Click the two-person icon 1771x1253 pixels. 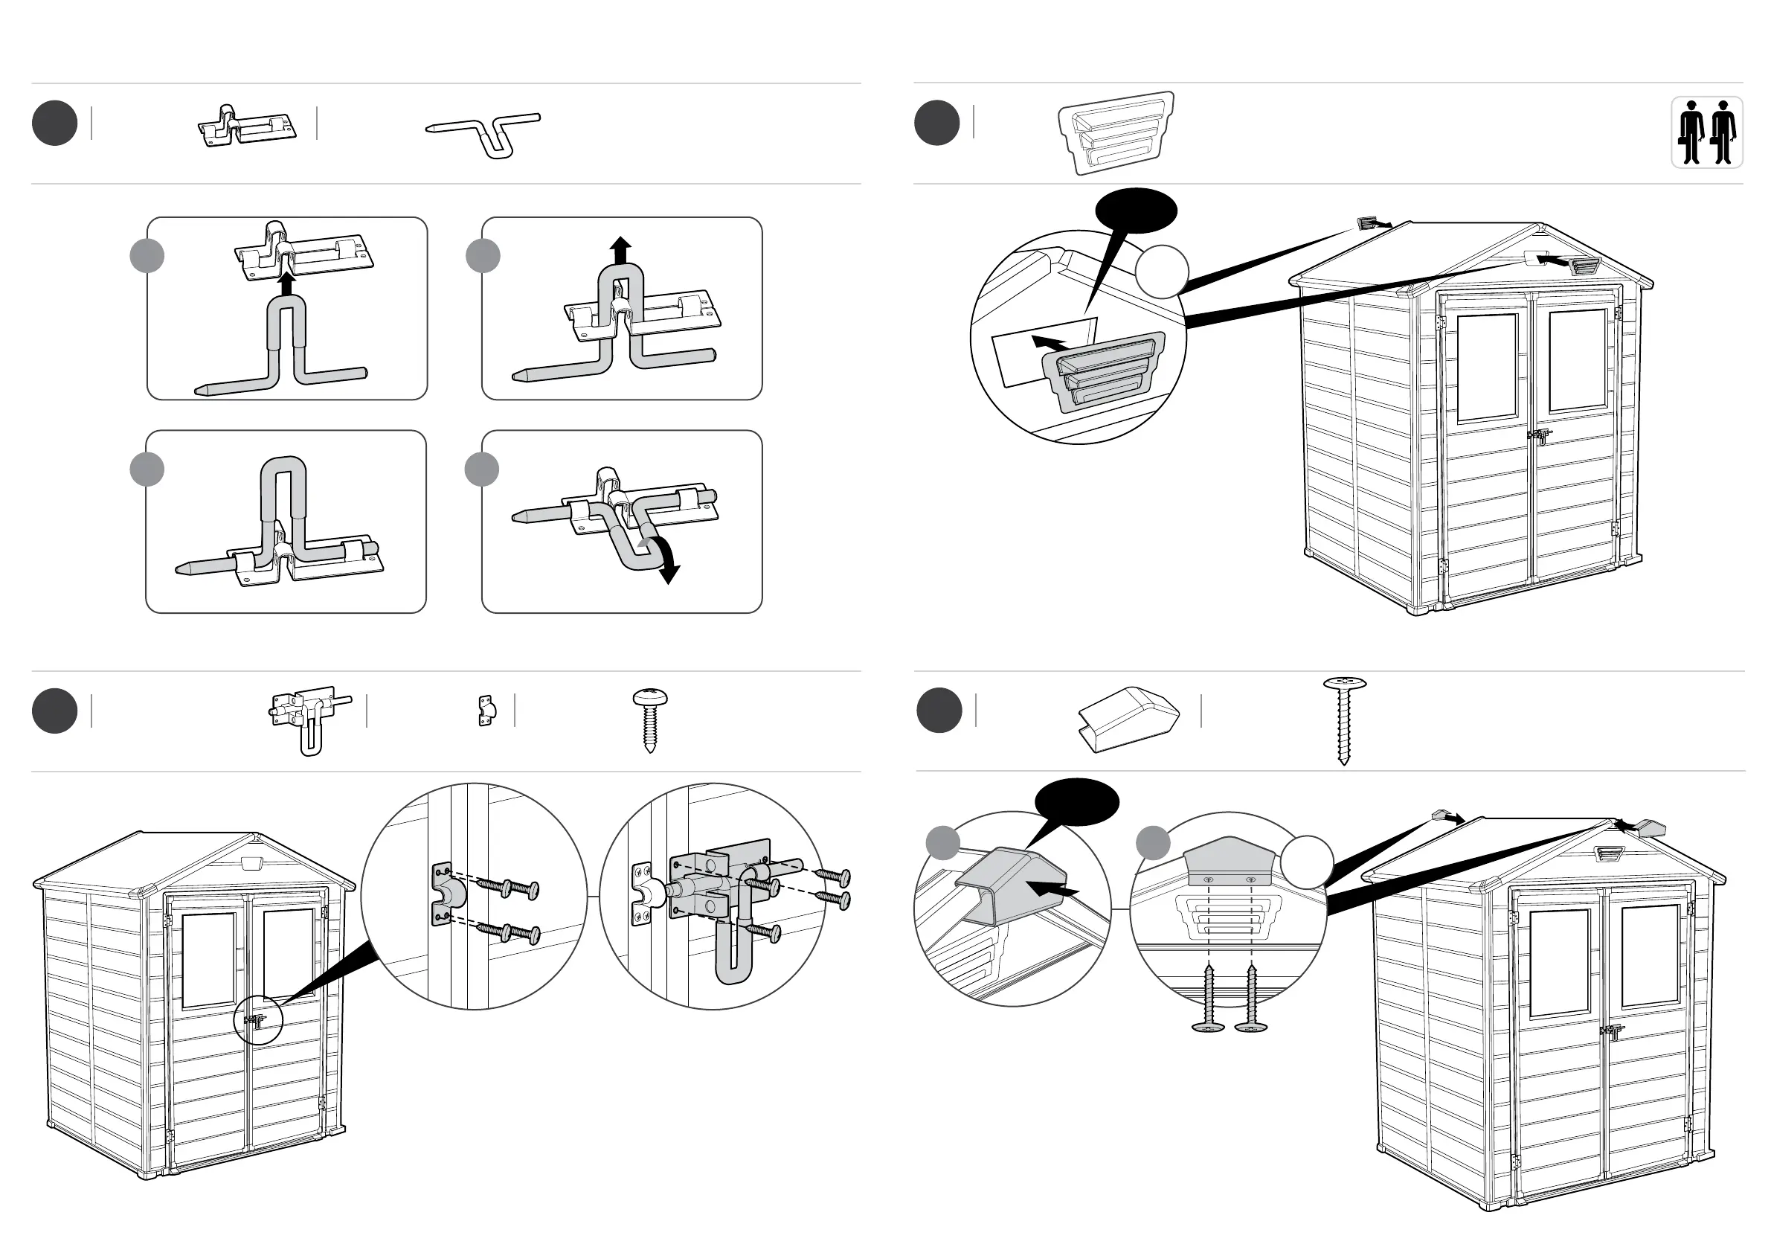point(1706,132)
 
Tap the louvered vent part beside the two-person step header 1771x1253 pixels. point(1116,132)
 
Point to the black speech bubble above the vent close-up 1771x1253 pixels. point(1135,210)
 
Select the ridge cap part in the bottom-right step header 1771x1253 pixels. point(1128,719)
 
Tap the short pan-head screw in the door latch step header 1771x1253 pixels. point(650,719)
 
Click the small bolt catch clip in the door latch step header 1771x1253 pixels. point(486,711)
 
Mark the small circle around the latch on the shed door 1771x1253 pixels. point(258,1019)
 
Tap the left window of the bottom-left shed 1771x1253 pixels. point(209,960)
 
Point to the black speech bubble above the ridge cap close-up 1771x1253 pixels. point(1076,802)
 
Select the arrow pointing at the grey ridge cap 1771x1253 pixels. point(1055,891)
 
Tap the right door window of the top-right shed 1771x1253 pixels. point(1578,360)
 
